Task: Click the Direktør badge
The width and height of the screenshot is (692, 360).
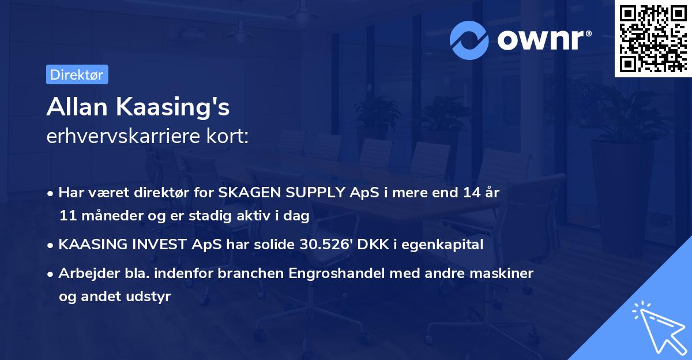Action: [77, 75]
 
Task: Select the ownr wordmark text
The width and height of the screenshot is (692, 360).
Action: [543, 40]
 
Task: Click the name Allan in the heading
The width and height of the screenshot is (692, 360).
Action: [79, 107]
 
